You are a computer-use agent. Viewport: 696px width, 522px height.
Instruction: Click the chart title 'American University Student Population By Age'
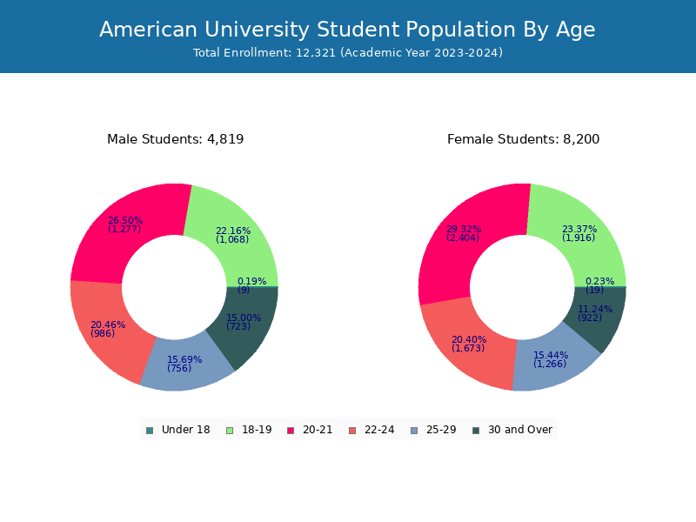(x=347, y=30)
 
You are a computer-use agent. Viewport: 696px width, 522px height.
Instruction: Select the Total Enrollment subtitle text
(x=347, y=53)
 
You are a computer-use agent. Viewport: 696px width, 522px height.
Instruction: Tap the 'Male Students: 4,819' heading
(x=175, y=139)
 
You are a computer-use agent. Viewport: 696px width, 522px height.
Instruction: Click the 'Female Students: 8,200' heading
(x=523, y=139)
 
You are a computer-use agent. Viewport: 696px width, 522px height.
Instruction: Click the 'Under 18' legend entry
(x=178, y=430)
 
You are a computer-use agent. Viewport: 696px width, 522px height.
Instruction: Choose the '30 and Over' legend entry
(x=512, y=430)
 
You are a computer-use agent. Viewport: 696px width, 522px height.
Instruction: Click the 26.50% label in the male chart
(x=125, y=221)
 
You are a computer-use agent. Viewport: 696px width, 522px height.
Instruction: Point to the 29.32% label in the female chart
(x=463, y=230)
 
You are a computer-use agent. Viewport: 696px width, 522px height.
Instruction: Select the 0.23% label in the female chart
(x=599, y=282)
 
